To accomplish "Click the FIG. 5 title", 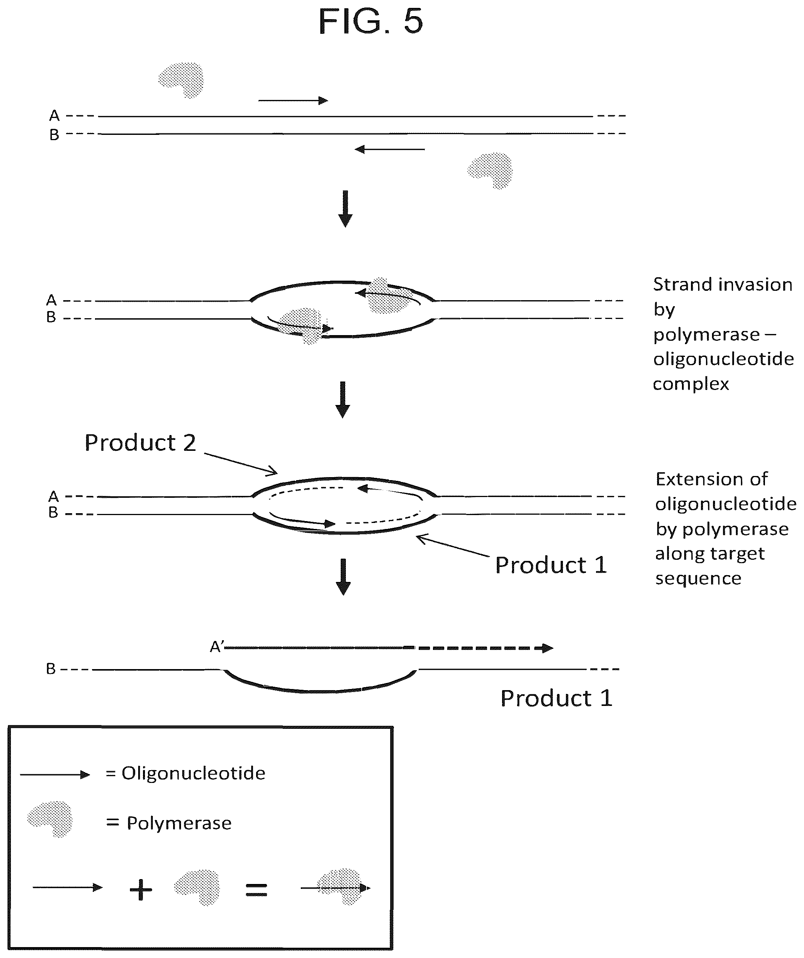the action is [x=370, y=21].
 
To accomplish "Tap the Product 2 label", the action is [x=140, y=443].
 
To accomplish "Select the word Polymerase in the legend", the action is [x=179, y=823].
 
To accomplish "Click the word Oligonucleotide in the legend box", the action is [x=193, y=773].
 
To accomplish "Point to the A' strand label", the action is [x=217, y=647].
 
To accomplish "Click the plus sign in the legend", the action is [x=141, y=890].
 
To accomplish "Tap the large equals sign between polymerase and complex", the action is [x=256, y=890].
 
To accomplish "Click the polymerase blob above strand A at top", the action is [x=181, y=80].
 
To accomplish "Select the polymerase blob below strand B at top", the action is [x=490, y=170].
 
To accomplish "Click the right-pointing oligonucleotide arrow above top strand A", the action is [x=293, y=100].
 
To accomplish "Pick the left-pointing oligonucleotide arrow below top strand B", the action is [x=390, y=149].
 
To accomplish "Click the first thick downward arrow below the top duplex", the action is [x=345, y=209].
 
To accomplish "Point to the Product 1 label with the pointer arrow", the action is [x=551, y=565].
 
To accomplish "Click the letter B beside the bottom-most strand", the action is [x=51, y=669].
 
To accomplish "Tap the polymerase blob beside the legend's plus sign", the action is [x=197, y=888].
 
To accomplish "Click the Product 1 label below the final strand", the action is [x=557, y=698].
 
